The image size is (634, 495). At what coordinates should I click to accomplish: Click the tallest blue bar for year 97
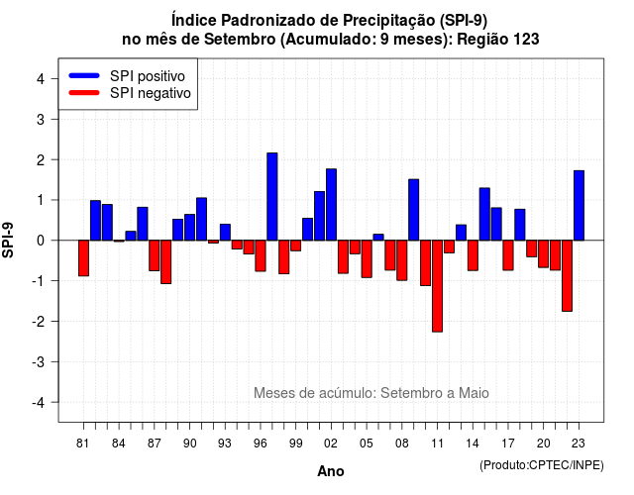tap(272, 196)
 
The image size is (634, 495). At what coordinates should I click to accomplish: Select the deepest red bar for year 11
tap(437, 286)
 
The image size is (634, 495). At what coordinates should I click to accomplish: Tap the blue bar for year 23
tap(579, 205)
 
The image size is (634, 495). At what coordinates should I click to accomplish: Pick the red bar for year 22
tap(567, 275)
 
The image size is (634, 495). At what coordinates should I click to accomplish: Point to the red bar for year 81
tap(83, 258)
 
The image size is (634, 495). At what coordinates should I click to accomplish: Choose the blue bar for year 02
tap(331, 205)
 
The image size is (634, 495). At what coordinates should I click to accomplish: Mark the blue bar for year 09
tap(414, 210)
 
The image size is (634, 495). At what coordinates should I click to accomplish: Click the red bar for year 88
tap(165, 261)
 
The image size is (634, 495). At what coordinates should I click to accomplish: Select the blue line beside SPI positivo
tap(84, 75)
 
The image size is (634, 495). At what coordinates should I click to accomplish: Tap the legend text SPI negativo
tap(151, 93)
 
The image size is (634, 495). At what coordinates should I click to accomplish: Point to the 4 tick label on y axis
tap(41, 79)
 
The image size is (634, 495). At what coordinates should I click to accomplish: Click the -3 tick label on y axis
tap(39, 361)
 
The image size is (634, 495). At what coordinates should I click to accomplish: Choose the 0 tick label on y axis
tap(41, 241)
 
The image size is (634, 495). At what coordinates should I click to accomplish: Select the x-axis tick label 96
tap(260, 444)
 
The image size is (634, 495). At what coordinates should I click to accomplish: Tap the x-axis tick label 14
tap(473, 444)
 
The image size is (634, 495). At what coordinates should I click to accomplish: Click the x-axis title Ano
tap(331, 471)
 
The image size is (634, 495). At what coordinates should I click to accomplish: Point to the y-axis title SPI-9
tap(8, 240)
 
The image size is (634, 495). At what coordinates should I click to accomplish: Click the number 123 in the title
tap(526, 40)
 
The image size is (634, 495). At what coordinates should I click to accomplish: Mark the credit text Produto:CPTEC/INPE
tap(542, 465)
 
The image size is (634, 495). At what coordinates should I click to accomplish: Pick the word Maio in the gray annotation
tap(474, 393)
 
